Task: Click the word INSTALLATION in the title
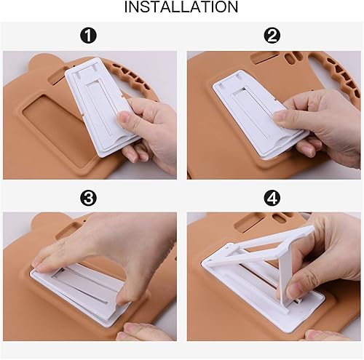181,8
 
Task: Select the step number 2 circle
272,36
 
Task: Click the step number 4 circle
272,197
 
